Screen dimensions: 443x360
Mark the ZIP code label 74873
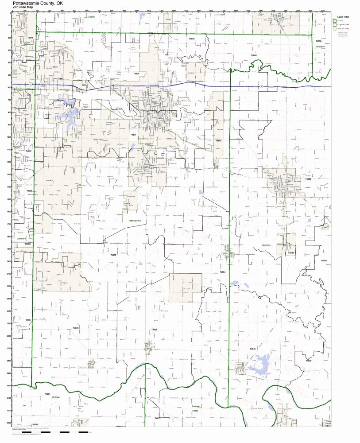pos(127,204)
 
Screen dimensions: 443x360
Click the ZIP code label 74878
pos(75,328)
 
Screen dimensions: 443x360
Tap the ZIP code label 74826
pos(154,330)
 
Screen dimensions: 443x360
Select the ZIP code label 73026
pos(29,191)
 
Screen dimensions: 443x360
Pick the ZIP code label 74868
pos(308,179)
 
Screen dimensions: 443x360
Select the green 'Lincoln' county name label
pos(92,16)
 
